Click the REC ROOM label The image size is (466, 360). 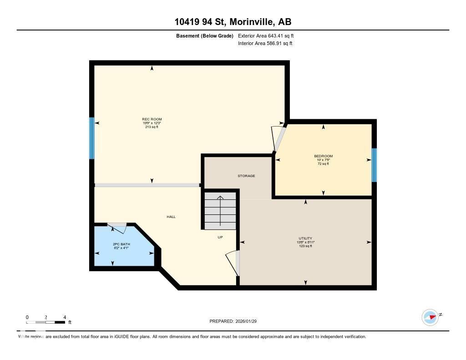click(152, 119)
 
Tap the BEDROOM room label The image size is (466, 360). click(323, 156)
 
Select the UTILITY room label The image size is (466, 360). click(305, 238)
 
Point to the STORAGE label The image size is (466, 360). click(246, 176)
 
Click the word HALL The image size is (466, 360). click(171, 217)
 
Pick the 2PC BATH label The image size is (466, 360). click(122, 244)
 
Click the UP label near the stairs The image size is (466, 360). click(220, 237)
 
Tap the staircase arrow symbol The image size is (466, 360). click(220, 210)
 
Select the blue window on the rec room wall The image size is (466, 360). click(91, 138)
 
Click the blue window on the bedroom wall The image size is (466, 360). click(374, 165)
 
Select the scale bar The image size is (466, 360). click(46, 322)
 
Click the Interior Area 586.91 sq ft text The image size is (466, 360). click(265, 44)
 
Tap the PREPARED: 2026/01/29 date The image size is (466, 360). click(233, 321)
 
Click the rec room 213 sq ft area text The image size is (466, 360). click(152, 127)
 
